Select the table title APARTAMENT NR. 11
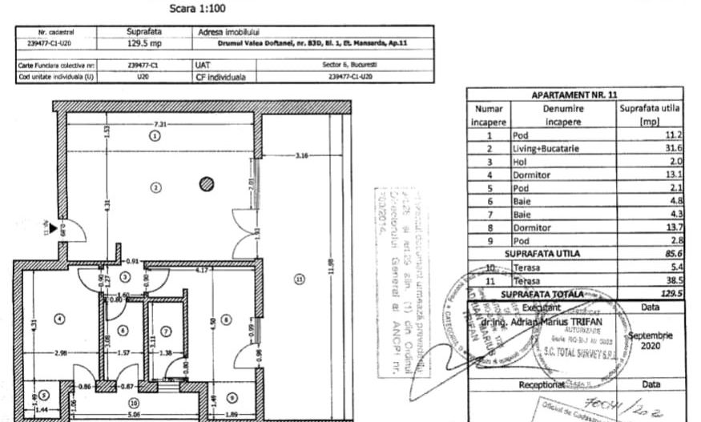(575, 95)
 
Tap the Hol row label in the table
(520, 161)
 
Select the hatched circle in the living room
(207, 184)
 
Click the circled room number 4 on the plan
(58, 318)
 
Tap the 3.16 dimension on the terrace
(302, 155)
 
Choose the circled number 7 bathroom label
(166, 330)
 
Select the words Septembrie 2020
(651, 341)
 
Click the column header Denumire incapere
(563, 115)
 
